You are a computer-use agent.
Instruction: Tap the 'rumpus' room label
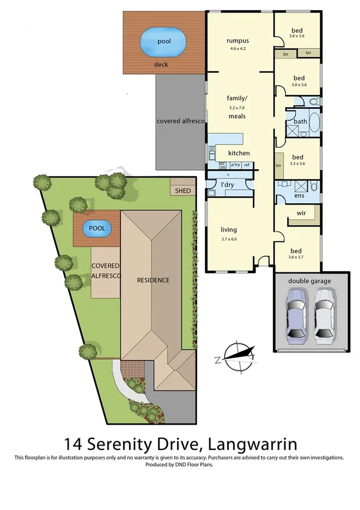click(x=237, y=41)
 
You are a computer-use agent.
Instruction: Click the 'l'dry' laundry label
click(x=227, y=184)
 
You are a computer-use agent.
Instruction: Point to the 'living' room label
click(x=228, y=230)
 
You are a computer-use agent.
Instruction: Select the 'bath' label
click(x=301, y=121)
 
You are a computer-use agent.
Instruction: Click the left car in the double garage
click(x=297, y=313)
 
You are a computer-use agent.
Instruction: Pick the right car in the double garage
click(x=325, y=313)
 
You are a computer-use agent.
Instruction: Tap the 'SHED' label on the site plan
click(x=183, y=191)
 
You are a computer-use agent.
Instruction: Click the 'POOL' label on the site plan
click(x=97, y=229)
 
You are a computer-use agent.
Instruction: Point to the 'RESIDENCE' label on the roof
click(x=153, y=280)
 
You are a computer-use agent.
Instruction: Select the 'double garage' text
click(x=311, y=281)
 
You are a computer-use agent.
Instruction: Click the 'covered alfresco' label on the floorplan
click(x=180, y=121)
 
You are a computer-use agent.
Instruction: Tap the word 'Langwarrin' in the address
click(x=251, y=445)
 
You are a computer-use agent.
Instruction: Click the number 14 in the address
click(x=73, y=445)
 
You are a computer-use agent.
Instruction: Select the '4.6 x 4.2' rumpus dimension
click(x=237, y=49)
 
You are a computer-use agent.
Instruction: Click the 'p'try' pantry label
click(x=234, y=165)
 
